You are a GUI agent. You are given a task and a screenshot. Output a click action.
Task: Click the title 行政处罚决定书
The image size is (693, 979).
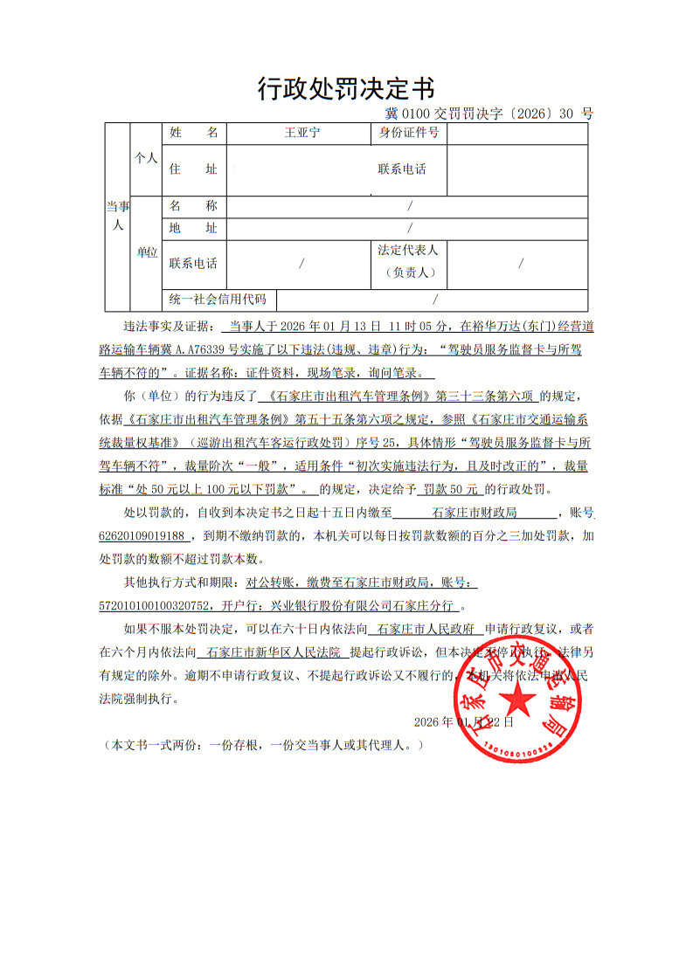[346, 88]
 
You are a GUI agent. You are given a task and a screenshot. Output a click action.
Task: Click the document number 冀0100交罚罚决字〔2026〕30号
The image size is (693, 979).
[489, 114]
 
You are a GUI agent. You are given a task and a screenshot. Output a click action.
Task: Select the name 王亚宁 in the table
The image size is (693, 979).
[302, 133]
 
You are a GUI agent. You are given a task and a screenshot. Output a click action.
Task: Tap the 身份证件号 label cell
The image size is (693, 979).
[408, 133]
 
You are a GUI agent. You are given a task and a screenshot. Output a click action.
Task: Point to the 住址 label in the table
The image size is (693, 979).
[193, 169]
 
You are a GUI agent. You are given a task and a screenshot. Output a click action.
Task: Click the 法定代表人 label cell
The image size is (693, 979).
[408, 250]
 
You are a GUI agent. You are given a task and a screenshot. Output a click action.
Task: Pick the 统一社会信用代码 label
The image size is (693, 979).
[218, 300]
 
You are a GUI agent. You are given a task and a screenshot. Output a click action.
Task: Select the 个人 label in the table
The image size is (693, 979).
[145, 158]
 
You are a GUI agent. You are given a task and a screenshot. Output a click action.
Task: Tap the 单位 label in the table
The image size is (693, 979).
[146, 252]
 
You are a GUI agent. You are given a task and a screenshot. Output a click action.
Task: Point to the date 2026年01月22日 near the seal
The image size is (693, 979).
[463, 722]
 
